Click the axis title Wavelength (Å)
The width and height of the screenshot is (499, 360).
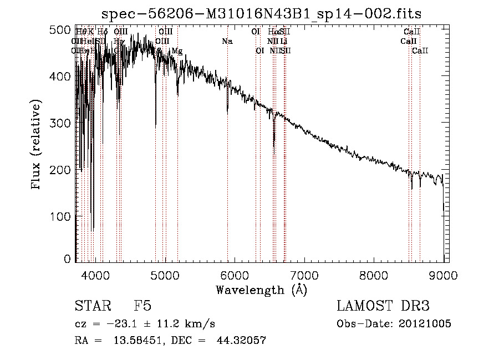pos(261,290)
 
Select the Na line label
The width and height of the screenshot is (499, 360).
pos(227,41)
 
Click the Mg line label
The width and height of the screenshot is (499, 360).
pos(177,51)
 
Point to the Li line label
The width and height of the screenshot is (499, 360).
pos(283,41)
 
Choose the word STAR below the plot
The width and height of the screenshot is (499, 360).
pos(92,306)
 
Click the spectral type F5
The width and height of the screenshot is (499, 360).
pos(142,306)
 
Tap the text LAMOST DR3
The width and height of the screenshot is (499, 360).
pos(383,306)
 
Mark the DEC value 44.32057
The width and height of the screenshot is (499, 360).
pos(241,341)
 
